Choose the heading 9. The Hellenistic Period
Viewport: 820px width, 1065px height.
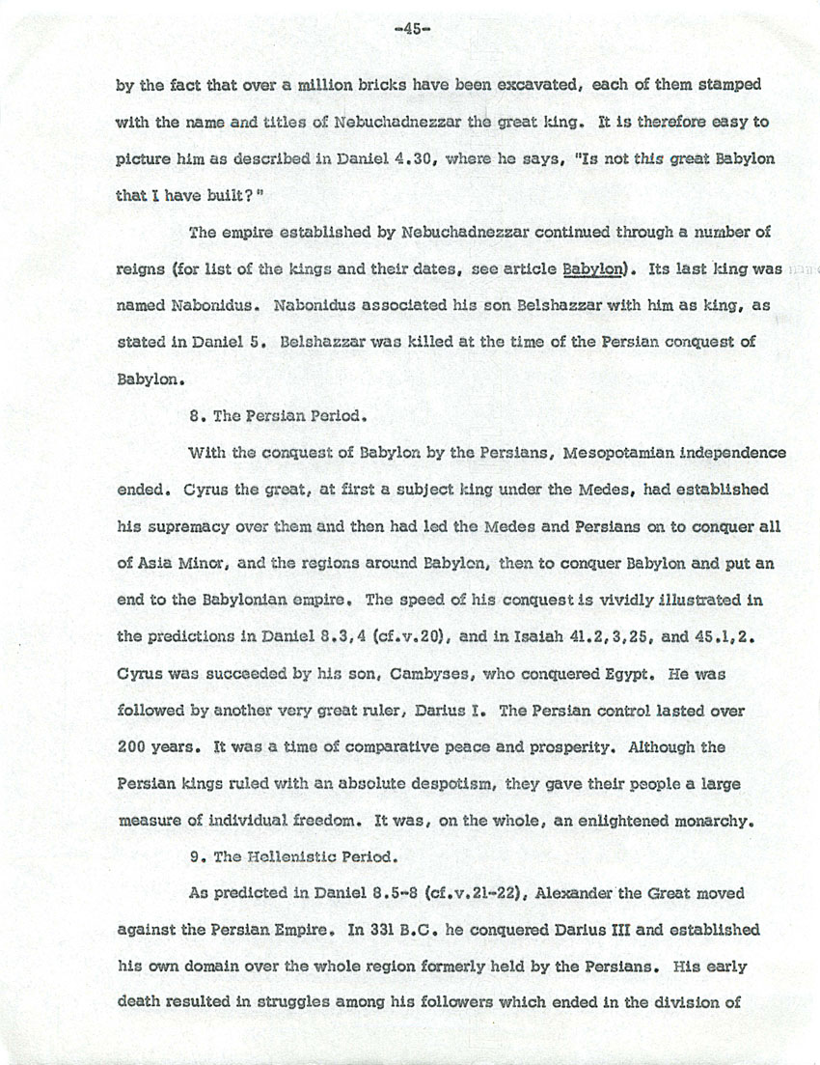283,855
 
